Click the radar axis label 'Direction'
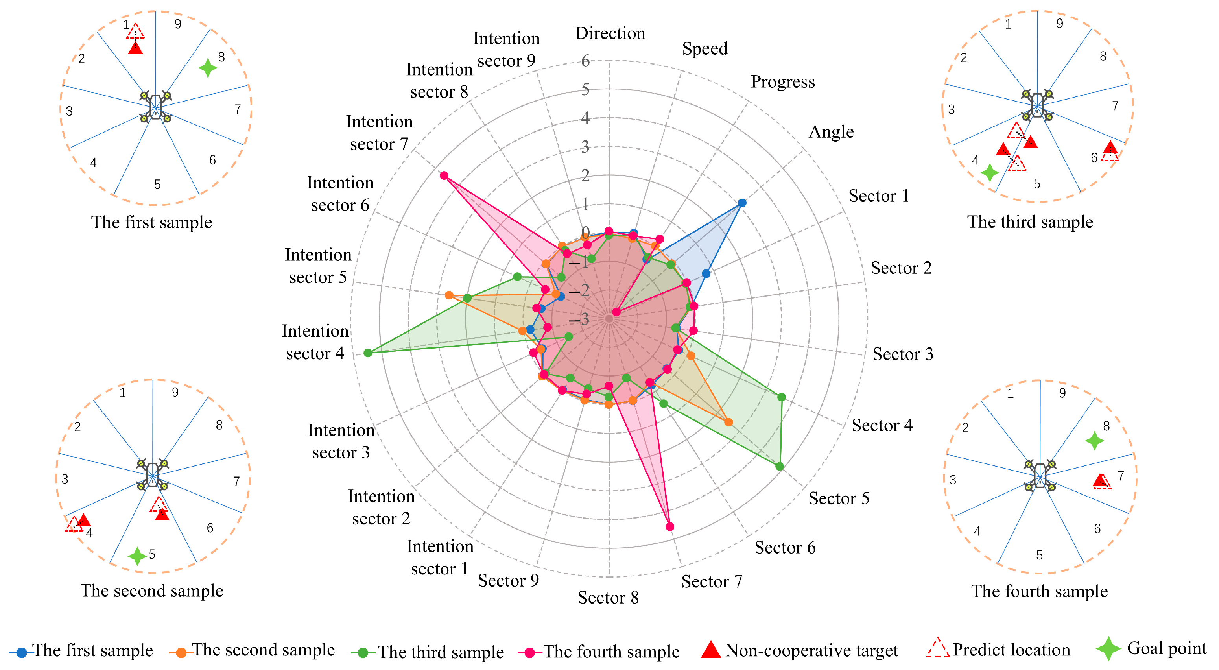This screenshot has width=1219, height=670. point(610,33)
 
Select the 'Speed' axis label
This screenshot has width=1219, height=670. point(704,48)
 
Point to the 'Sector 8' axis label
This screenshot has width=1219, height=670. point(608,597)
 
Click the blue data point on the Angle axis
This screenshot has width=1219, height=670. point(742,203)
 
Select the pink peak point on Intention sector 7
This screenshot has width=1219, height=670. point(444,175)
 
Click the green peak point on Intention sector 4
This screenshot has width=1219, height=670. point(368,353)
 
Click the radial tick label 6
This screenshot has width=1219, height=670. point(585,61)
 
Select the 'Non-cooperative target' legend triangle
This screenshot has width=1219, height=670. point(710,650)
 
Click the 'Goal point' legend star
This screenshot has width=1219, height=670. point(1108,649)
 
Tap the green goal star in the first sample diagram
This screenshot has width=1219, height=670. point(208,68)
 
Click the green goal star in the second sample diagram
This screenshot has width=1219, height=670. point(137,556)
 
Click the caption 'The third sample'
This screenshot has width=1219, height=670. point(1030,222)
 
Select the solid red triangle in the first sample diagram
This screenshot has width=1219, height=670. point(135,48)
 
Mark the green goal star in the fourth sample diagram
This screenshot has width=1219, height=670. point(1094,441)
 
